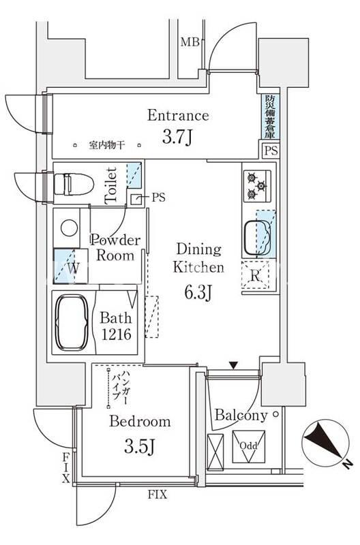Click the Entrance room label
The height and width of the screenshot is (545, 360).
pos(178,115)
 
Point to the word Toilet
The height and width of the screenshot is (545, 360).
pos(112,184)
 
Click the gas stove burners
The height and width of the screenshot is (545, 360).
pos(256,183)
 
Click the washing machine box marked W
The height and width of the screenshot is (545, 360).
pos(72,268)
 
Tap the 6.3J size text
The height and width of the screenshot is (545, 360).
pos(199,294)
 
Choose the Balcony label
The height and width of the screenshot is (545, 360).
pos(240,415)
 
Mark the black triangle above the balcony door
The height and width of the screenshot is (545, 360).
pos(234,365)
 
